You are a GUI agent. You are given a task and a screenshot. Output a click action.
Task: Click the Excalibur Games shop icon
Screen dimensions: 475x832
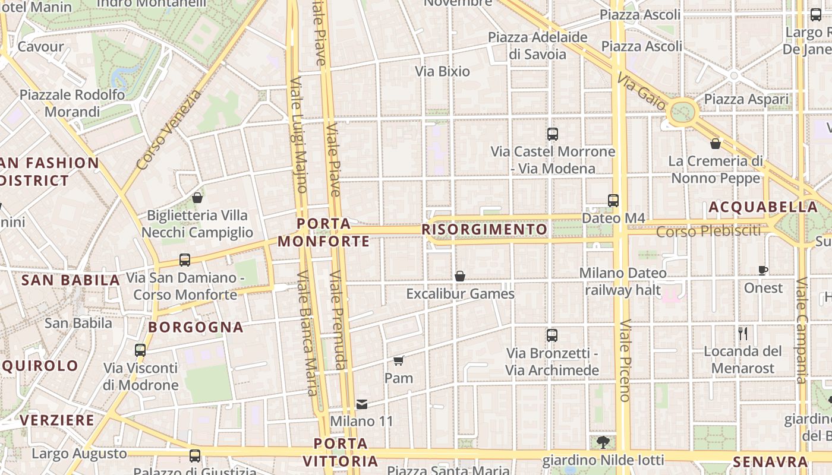[459, 276]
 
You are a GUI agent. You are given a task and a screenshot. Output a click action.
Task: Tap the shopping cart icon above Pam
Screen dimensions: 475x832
[398, 360]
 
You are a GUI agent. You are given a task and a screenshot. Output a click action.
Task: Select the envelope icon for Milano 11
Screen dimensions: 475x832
[361, 404]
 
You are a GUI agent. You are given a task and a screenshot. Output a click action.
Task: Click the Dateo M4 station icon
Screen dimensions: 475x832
[613, 201]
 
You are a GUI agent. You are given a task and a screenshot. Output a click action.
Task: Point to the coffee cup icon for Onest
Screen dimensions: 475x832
[763, 271]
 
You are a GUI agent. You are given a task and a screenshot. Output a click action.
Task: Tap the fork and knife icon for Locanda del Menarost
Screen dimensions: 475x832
[742, 333]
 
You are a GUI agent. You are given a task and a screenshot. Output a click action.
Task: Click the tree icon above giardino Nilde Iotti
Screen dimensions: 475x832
[603, 442]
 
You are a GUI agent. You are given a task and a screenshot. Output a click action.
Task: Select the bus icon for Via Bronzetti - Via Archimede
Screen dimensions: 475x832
[552, 335]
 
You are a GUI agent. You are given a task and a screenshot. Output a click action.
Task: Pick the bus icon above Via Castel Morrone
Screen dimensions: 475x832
[553, 134]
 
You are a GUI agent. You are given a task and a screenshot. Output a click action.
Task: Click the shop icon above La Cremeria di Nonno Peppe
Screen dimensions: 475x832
[716, 144]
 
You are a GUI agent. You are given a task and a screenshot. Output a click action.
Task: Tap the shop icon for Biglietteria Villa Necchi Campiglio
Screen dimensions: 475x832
[197, 198]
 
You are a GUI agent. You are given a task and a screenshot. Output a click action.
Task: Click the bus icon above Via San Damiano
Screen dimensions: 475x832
[185, 260]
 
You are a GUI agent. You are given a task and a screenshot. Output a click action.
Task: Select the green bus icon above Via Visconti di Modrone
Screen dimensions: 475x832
[140, 350]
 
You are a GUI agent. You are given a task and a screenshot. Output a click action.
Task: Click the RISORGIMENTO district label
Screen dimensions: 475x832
[484, 229]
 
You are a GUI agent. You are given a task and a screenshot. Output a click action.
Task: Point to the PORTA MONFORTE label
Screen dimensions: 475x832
[324, 232]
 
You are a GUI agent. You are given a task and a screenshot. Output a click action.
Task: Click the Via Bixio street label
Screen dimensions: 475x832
[442, 72]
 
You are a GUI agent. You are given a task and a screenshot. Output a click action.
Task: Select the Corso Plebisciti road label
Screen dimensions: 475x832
[708, 231]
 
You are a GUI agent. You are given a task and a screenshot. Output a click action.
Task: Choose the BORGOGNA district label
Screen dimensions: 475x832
[196, 327]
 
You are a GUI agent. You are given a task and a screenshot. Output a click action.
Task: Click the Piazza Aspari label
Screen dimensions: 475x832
[746, 99]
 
